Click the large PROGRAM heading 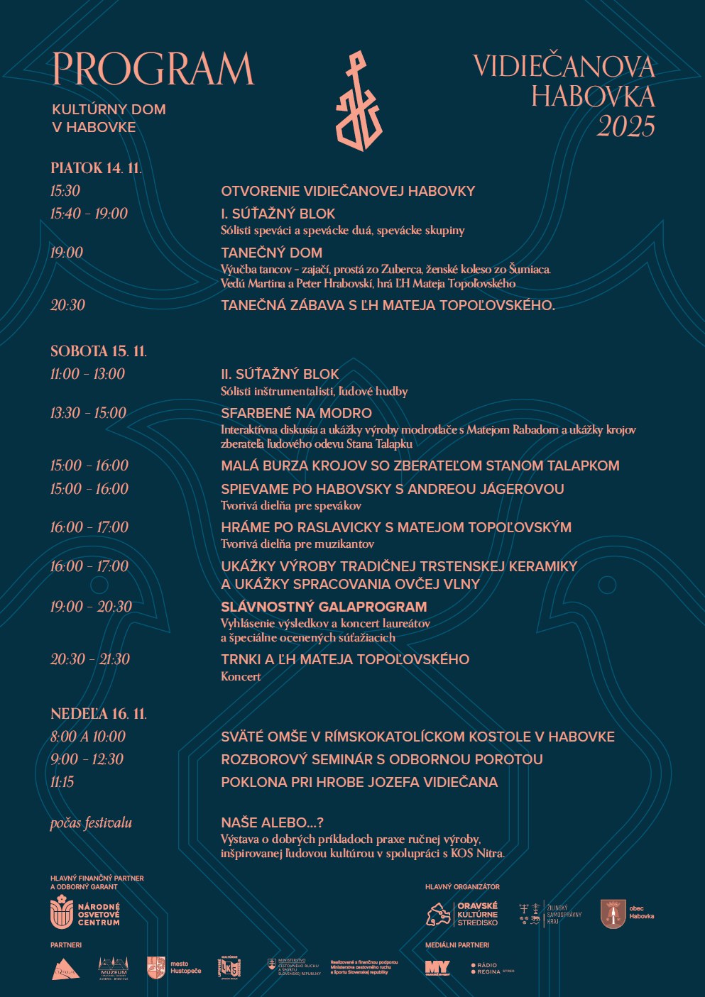[x=153, y=69]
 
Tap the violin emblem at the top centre [x=359, y=101]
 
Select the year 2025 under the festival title [x=625, y=127]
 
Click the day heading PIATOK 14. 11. [x=96, y=168]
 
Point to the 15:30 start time [x=65, y=191]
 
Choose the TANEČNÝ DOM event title [x=271, y=253]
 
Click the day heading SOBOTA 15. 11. [x=98, y=351]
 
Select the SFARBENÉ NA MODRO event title [x=296, y=413]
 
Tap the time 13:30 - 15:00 [x=88, y=413]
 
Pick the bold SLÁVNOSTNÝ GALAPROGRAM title [x=324, y=607]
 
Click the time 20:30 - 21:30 [x=89, y=659]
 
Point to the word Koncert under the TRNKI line [x=241, y=676]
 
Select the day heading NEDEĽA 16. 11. [x=98, y=714]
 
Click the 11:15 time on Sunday [x=62, y=782]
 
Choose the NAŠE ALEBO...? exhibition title [x=272, y=822]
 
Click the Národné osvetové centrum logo [x=85, y=913]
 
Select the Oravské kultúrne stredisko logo [x=462, y=914]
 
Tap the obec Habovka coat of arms [x=613, y=914]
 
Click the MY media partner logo [x=437, y=968]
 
